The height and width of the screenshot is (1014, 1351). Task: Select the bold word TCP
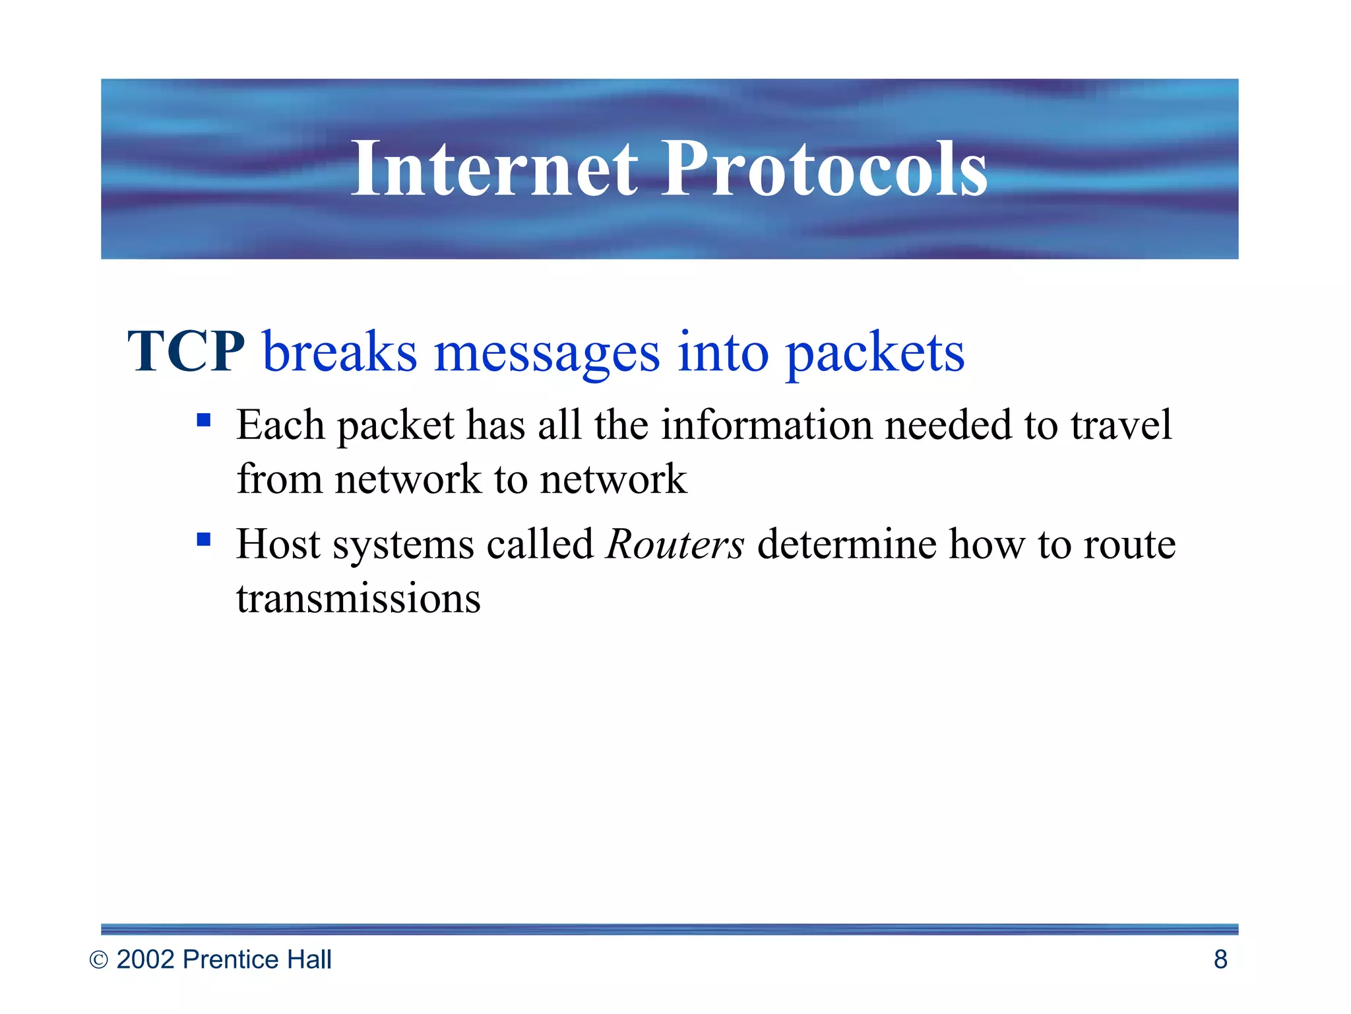186,352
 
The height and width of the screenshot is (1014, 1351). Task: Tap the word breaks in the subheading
340,352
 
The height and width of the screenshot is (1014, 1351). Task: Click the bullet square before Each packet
204,420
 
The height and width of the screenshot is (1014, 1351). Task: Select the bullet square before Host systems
204,540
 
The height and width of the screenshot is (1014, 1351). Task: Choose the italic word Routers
675,545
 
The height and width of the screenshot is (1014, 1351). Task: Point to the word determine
846,545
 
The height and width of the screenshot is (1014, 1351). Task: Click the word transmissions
358,599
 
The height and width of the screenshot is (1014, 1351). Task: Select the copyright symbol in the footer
98,961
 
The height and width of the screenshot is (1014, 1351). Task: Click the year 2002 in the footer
145,960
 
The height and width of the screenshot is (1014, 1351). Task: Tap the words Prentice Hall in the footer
257,960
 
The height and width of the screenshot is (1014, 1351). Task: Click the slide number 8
1220,960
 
